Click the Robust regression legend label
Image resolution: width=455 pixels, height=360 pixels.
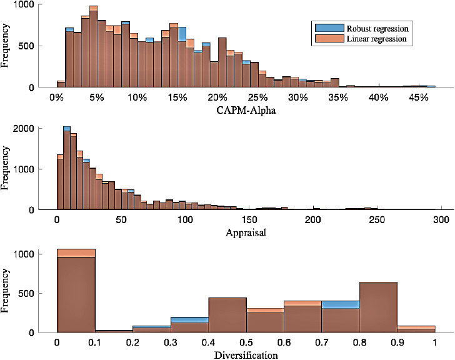coord(379,28)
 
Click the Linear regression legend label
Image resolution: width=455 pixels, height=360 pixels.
coord(377,39)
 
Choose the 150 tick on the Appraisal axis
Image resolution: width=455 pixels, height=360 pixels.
coord(249,220)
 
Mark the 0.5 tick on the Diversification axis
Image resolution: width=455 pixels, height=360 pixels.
coord(247,342)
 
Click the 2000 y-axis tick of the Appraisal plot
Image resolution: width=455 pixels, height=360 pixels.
coord(23,129)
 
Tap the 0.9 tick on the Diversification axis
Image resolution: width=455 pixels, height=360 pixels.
coord(397,342)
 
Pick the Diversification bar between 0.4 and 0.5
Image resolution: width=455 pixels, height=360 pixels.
coord(227,315)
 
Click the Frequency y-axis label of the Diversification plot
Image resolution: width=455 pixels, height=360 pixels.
coord(7,290)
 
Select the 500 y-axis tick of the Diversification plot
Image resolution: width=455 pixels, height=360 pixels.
coord(27,293)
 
